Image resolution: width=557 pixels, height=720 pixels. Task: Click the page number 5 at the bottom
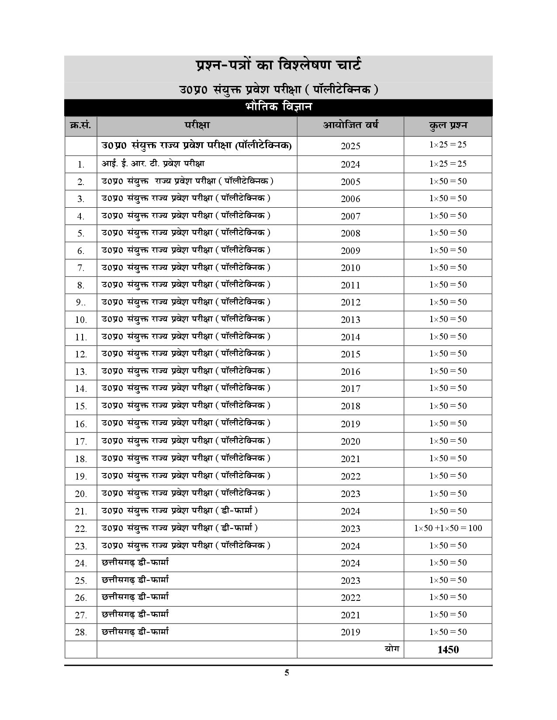click(x=287, y=672)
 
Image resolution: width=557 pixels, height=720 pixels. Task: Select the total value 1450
click(x=448, y=650)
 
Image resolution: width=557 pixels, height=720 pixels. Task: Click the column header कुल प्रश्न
click(x=448, y=126)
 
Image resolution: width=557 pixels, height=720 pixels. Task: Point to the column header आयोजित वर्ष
click(x=350, y=125)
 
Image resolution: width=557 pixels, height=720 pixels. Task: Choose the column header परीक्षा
click(x=197, y=125)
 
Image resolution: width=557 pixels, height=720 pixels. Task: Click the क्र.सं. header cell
click(x=80, y=126)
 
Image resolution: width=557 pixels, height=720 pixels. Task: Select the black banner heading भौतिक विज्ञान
click(x=278, y=107)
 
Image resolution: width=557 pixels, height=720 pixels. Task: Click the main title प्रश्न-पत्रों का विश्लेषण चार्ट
click(x=278, y=66)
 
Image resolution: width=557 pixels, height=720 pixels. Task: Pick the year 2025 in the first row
click(x=350, y=146)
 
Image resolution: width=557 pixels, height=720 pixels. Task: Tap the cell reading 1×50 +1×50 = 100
click(x=448, y=528)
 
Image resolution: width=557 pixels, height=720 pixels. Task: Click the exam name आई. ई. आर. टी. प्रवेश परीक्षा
click(x=153, y=164)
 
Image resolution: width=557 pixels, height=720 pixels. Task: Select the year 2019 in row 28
click(x=350, y=632)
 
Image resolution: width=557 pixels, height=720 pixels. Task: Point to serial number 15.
click(x=81, y=406)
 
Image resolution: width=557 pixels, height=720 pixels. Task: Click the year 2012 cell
click(x=350, y=302)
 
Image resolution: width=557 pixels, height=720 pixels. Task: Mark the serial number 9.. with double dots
click(x=81, y=302)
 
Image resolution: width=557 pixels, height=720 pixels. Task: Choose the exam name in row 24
click(x=135, y=562)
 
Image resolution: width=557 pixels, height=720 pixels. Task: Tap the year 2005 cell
click(x=350, y=182)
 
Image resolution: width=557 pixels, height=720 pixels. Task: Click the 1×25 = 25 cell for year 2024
click(x=448, y=164)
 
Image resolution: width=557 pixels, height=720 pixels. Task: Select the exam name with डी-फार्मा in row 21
click(x=180, y=511)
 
